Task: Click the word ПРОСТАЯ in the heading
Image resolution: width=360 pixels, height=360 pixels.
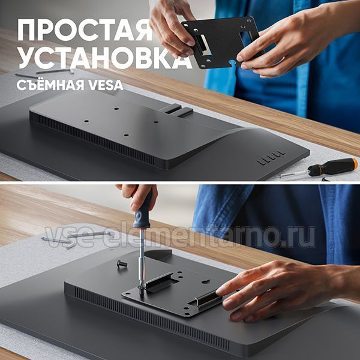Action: coord(85,30)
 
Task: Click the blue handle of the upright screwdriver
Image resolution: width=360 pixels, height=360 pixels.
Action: coord(143,209)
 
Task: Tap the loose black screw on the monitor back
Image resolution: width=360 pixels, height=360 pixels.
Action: coord(122,263)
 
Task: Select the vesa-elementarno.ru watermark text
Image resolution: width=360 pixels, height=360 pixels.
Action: coord(180,237)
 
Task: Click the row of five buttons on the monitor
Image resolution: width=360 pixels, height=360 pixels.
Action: coord(271,158)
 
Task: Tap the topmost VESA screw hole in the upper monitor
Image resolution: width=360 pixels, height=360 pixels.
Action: coord(116,108)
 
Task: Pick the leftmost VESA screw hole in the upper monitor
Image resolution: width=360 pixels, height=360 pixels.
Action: coord(86,121)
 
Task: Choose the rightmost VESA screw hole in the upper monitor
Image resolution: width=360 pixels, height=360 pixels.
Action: coord(156,122)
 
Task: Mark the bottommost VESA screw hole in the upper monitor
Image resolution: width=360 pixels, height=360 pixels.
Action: coord(126,135)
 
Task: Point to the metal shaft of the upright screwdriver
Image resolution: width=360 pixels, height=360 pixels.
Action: coord(142,257)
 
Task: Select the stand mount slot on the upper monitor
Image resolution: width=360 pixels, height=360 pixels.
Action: coord(177,110)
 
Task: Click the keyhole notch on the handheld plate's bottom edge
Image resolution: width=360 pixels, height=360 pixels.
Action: coord(232,63)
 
